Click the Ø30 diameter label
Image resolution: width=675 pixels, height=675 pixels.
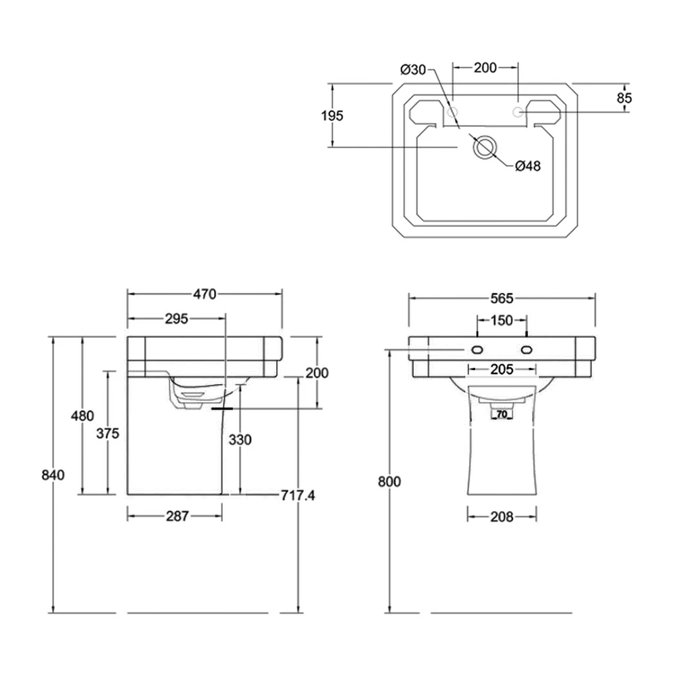tap(412, 68)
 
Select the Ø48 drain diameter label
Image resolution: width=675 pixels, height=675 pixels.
tap(528, 166)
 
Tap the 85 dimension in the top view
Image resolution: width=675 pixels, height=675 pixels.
tap(624, 98)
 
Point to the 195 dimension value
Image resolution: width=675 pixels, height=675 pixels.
tap(332, 115)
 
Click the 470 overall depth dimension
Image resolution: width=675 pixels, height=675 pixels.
tap(204, 294)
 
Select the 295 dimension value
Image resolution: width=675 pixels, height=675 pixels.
tap(175, 319)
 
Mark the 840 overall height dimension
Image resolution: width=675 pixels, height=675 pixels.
tap(52, 475)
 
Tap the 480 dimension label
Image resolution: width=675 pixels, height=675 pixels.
tap(82, 416)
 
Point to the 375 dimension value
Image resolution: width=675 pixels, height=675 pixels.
tap(107, 434)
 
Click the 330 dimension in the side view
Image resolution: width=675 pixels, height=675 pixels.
tap(240, 440)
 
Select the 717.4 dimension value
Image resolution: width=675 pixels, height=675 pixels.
tap(298, 496)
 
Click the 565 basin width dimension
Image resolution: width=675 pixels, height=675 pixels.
tap(502, 298)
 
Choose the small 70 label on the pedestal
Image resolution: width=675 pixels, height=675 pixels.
tap(502, 414)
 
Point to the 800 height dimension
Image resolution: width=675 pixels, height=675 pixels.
tap(389, 481)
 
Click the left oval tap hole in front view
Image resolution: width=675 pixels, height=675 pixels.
tap(477, 350)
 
